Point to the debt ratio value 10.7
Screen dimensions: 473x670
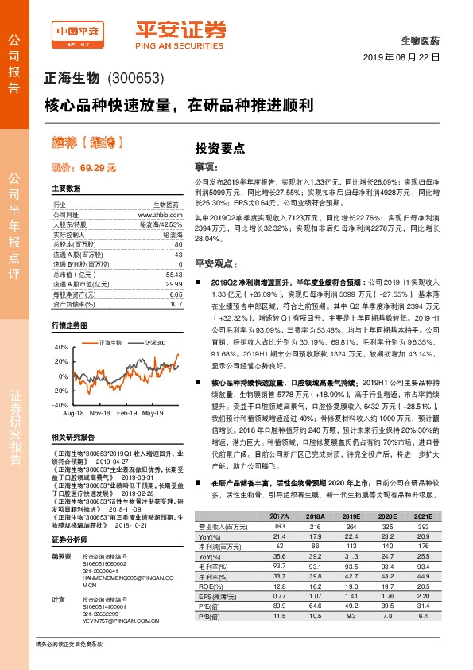tap(176, 304)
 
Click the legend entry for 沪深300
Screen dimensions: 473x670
tap(134, 342)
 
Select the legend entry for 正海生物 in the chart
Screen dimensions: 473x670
tap(87, 342)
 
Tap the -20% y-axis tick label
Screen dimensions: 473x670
tap(60, 391)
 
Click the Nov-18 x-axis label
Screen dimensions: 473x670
tap(99, 414)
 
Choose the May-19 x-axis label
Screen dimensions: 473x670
tap(152, 414)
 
